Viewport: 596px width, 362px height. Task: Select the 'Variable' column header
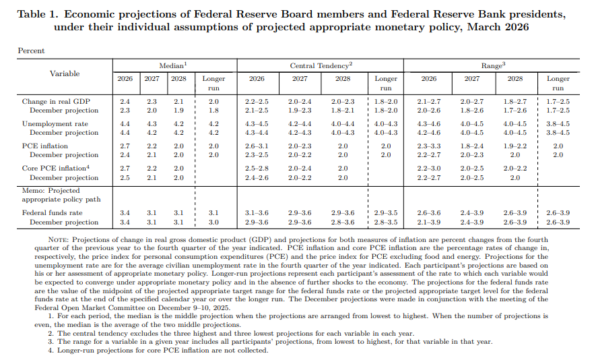coord(64,73)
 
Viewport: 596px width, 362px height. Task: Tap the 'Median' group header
coord(172,65)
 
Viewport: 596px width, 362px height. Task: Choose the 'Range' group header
coord(493,65)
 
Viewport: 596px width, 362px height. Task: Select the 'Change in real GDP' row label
coord(56,101)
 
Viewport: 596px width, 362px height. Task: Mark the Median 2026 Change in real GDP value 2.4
coord(125,101)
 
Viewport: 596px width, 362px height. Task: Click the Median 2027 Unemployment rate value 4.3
coord(152,124)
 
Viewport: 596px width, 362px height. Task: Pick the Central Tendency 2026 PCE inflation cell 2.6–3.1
coord(257,146)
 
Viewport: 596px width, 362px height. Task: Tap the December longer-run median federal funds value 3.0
coord(213,222)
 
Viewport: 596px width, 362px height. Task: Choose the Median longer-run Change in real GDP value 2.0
coord(213,101)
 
